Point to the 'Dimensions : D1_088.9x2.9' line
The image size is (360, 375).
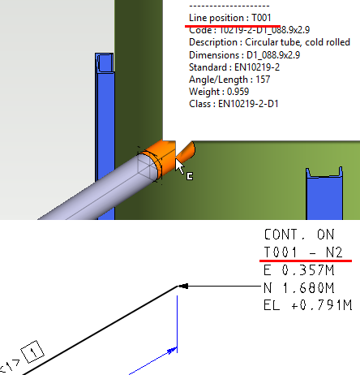pyautogui.click(x=234, y=54)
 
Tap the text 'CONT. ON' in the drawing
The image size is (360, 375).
pyautogui.click(x=294, y=234)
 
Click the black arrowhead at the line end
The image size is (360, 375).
pyautogui.click(x=185, y=287)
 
